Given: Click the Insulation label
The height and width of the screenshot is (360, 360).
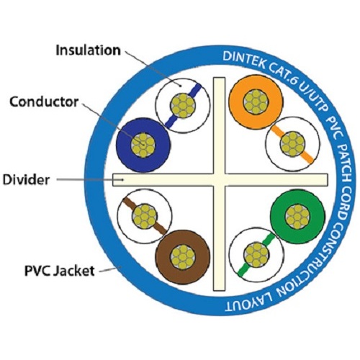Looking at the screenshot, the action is pos(88,50).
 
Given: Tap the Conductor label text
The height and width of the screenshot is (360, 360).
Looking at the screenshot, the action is pos(44,102).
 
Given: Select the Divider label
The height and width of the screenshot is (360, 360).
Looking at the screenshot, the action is pos(26,180).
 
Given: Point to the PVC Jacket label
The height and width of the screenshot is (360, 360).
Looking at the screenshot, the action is pos(60,271).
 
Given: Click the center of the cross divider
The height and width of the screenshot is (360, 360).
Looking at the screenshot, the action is pos(220,180).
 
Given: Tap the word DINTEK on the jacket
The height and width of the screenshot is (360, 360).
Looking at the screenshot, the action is pos(243,60).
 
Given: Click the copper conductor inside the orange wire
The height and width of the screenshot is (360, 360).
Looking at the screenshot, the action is pos(256,101).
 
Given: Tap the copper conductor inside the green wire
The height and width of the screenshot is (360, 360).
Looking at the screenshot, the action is pos(297,217).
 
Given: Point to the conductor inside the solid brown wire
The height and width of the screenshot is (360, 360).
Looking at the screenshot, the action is pos(183,257).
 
